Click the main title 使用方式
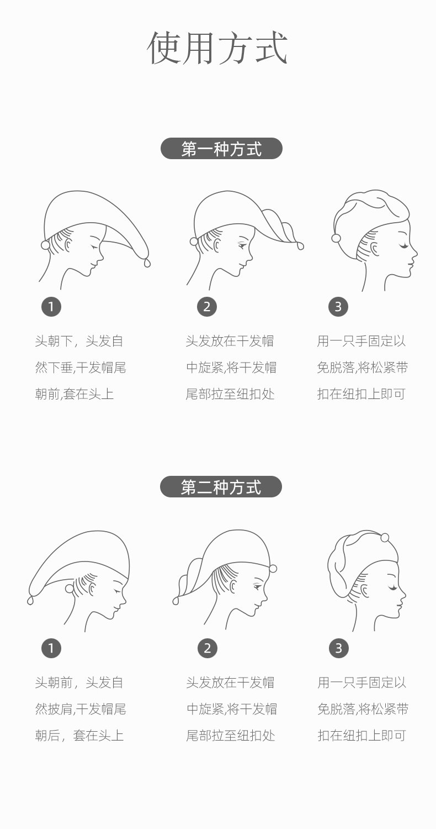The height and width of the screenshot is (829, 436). [217, 49]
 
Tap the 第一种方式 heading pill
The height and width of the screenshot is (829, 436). [221, 149]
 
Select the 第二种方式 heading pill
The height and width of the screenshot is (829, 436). [221, 487]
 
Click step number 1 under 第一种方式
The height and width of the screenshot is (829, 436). [51, 306]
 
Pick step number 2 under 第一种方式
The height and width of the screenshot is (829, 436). [207, 306]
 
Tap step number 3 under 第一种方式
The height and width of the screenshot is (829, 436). [338, 306]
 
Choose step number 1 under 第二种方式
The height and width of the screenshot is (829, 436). [51, 648]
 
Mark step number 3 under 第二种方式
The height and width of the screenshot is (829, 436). [339, 648]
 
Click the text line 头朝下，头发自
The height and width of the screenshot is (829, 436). [79, 341]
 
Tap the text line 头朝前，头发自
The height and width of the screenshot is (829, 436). [79, 683]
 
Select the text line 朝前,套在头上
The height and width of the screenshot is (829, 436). [75, 394]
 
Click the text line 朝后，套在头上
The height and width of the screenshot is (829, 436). [79, 736]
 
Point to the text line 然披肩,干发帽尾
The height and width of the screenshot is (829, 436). [81, 709]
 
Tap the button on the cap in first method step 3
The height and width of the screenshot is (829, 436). [336, 238]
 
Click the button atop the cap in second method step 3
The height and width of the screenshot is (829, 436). [385, 537]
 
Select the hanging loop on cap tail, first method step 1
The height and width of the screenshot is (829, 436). [147, 263]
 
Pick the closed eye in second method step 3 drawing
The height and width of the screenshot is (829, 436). [393, 587]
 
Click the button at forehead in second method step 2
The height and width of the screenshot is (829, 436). [273, 568]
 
